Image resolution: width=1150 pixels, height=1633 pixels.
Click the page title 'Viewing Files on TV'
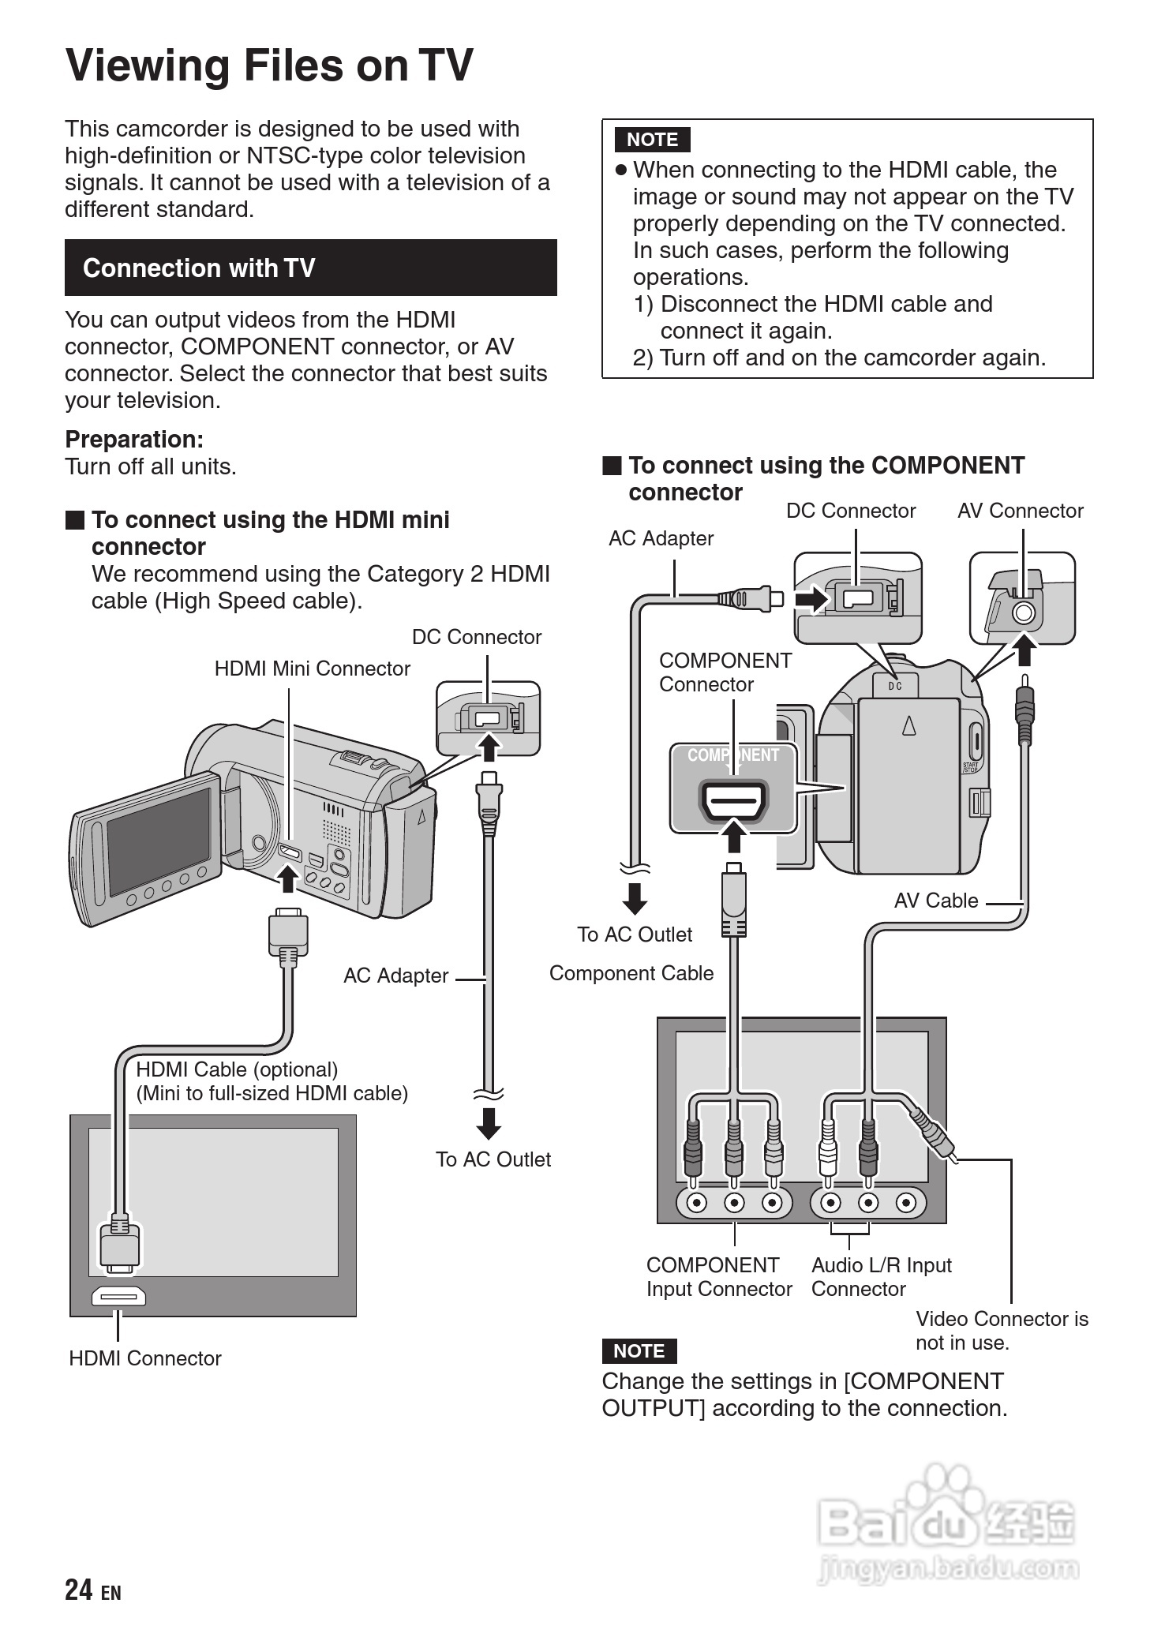pos(269,66)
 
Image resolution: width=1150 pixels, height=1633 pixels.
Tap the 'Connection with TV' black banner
pos(310,268)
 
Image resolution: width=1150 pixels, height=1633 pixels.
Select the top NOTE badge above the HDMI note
pos(652,140)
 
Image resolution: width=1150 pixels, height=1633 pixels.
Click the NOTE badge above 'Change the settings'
pos(639,1350)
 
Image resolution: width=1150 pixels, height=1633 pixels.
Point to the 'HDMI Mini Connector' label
pos(312,669)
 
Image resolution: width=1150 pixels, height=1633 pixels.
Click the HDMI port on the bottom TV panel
pos(118,1296)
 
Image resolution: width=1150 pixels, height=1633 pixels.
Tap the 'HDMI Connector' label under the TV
pos(144,1358)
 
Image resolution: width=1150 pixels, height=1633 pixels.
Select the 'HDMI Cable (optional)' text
pos(237,1069)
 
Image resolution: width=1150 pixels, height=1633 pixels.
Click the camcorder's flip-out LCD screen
pos(158,841)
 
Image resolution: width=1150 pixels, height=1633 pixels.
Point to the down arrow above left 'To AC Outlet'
pos(489,1123)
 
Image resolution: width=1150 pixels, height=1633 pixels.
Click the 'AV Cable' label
pos(935,901)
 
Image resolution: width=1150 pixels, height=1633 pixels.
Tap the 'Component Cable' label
pos(631,973)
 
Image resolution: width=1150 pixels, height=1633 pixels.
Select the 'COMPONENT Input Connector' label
pos(718,1276)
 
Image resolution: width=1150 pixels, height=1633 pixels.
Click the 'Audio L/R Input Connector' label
pos(881,1276)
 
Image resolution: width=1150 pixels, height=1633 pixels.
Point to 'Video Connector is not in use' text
pos(1001,1330)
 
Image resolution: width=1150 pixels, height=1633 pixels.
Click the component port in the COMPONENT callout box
pos(733,801)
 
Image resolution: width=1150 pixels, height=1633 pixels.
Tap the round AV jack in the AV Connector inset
pos(1023,612)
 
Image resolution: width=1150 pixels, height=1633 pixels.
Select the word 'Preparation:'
pos(134,440)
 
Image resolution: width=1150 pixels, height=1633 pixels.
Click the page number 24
pos(79,1590)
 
